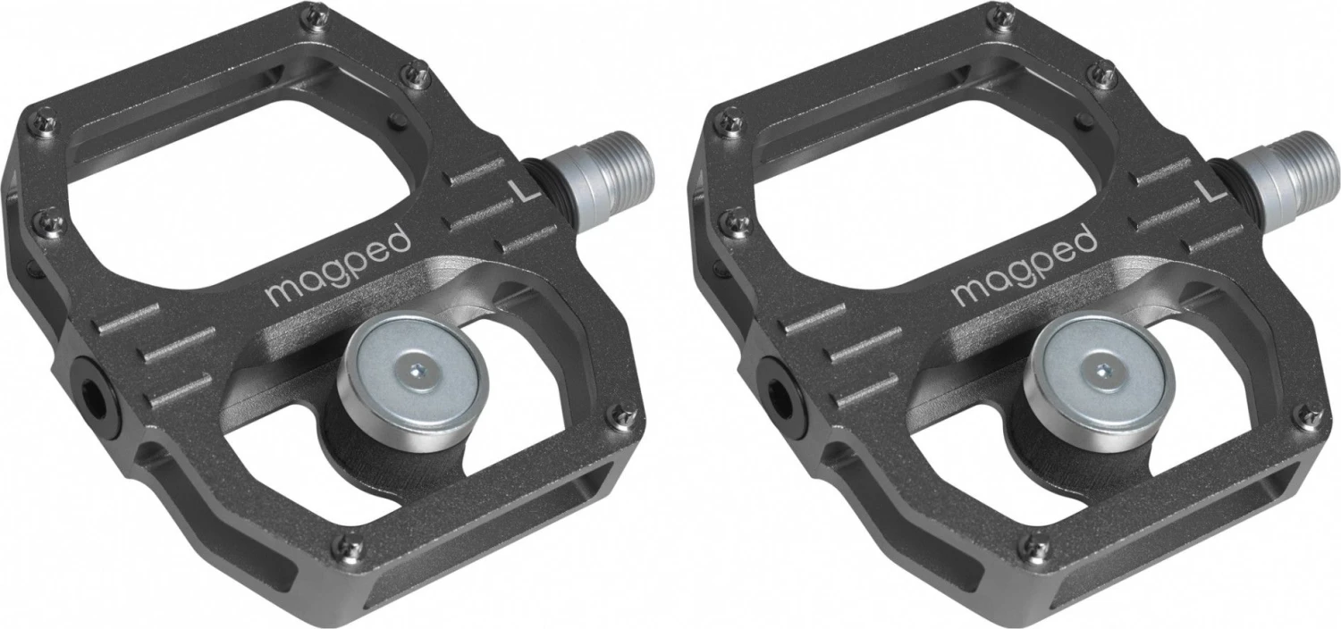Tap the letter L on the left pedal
coord(516,189)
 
